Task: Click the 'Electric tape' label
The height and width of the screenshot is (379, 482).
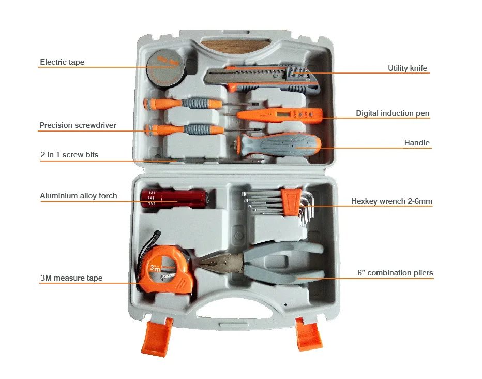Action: [x=62, y=63]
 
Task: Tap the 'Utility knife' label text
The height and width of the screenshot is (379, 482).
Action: [x=407, y=68]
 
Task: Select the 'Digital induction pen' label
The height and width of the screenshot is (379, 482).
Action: [x=393, y=113]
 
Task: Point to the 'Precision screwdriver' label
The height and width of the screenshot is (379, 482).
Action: [x=78, y=125]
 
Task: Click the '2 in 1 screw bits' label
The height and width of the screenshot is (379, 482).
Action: [x=69, y=155]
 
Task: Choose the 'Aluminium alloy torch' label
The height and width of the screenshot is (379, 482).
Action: [x=79, y=196]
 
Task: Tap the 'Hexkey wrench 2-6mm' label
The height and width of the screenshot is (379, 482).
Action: [x=391, y=201]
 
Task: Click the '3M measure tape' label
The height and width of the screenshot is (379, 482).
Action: [x=71, y=278]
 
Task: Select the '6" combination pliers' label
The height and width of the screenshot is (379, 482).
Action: [x=395, y=273]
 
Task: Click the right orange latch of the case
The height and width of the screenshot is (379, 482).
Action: [x=309, y=333]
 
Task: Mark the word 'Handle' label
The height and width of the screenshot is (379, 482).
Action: [x=416, y=143]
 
